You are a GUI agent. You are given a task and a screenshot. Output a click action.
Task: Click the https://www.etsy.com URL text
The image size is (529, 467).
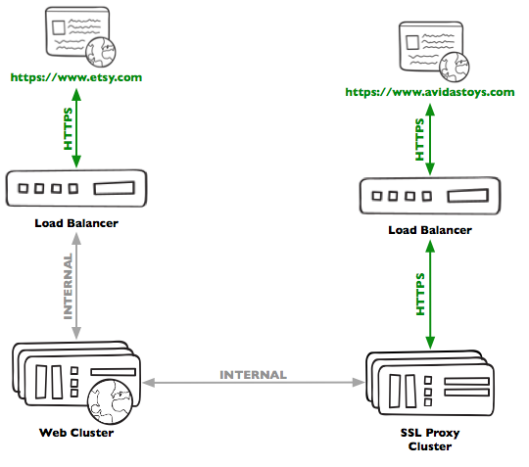click(75, 76)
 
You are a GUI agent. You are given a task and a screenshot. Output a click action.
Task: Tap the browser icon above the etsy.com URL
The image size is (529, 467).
click(76, 35)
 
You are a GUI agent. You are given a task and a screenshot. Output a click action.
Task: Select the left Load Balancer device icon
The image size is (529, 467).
click(75, 187)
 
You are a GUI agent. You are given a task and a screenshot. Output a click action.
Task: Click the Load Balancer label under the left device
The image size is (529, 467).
click(75, 224)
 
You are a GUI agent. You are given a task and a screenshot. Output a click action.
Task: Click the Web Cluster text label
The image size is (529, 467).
click(75, 432)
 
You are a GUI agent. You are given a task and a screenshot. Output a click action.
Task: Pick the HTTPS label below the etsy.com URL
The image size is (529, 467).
click(68, 127)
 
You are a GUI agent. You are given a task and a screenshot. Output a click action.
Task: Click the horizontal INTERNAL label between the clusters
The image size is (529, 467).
click(253, 374)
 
